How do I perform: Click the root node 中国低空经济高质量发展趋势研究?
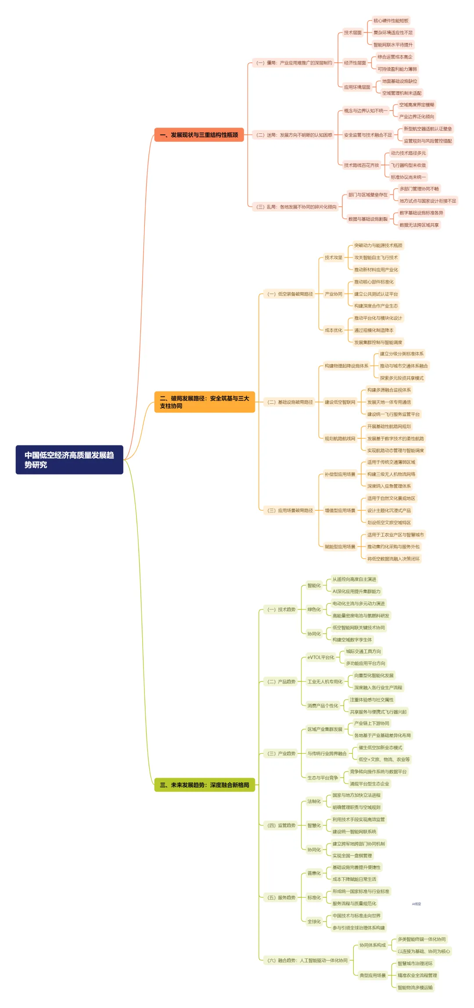[69, 459]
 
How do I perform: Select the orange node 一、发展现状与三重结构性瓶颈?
[199, 135]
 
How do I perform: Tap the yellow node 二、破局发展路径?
[205, 402]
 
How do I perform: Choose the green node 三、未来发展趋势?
[205, 785]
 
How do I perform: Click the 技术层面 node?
[353, 32]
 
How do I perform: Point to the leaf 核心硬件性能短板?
[391, 21]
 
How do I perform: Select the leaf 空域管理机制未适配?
[401, 93]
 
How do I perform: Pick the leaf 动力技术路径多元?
[408, 153]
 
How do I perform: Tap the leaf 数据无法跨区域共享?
[419, 225]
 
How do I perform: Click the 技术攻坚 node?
[334, 258]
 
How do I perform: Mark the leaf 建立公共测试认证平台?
[376, 294]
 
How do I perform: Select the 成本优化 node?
[334, 330]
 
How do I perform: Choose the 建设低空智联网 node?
[340, 402]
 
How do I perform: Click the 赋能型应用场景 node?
[340, 547]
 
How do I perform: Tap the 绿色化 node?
[314, 610]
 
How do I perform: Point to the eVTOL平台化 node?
[321, 657]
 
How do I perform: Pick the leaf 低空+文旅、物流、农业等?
[384, 759]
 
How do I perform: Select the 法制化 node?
[314, 801]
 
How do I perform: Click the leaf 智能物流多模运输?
[415, 987]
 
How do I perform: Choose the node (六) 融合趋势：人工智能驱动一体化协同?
[307, 960]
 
